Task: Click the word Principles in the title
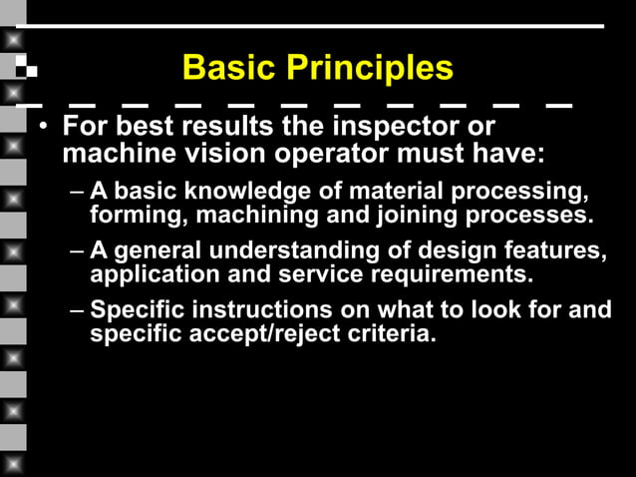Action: [370, 69]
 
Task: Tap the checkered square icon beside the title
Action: [27, 69]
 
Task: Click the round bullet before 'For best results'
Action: [43, 130]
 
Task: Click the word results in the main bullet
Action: [218, 129]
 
